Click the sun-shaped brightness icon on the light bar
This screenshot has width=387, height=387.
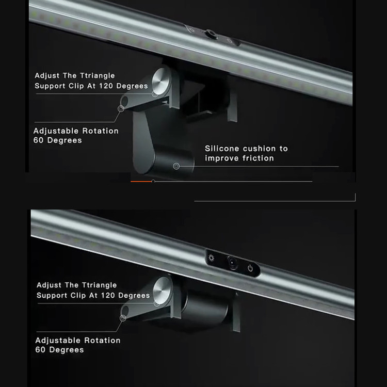(x=212, y=258)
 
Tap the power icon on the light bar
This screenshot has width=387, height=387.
(x=250, y=268)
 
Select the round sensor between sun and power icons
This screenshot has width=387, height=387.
(x=232, y=263)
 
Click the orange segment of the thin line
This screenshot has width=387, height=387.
(x=141, y=182)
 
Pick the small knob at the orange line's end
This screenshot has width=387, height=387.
(x=153, y=182)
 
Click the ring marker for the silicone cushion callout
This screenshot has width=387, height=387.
(x=176, y=166)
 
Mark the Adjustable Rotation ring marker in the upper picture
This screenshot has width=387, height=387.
(x=121, y=108)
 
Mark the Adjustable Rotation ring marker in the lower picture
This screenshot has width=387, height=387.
(x=123, y=318)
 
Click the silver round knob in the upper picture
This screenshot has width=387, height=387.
(x=161, y=81)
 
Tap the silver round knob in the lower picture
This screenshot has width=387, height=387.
(x=162, y=290)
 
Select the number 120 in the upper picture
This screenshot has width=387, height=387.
(x=106, y=86)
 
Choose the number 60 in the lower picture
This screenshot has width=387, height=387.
(x=40, y=350)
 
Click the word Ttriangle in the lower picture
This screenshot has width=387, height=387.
(x=100, y=285)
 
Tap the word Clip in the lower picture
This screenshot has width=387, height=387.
(x=78, y=296)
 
